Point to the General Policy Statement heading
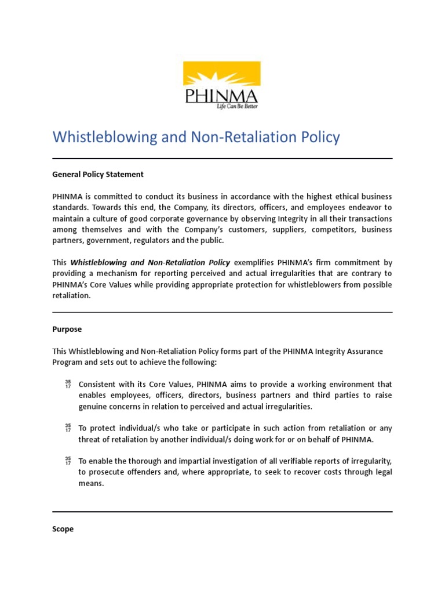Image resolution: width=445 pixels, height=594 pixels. click(98, 174)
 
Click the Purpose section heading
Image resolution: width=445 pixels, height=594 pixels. click(67, 329)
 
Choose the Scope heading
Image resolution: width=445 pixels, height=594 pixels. click(63, 529)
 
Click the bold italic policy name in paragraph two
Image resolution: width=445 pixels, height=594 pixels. click(150, 263)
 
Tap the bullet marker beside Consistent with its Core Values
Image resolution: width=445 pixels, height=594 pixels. click(68, 384)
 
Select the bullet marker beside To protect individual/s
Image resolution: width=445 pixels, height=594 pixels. click(68, 428)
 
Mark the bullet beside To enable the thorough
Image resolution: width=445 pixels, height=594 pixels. click(68, 461)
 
